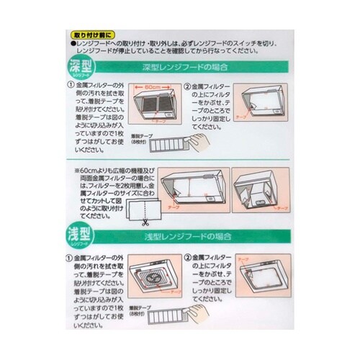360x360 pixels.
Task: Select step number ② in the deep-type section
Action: click(188, 85)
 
